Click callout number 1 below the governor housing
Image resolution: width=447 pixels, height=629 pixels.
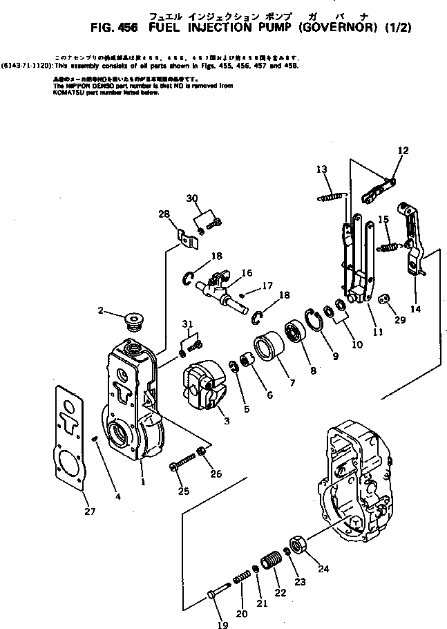142,482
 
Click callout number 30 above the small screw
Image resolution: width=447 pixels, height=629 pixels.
192,199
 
